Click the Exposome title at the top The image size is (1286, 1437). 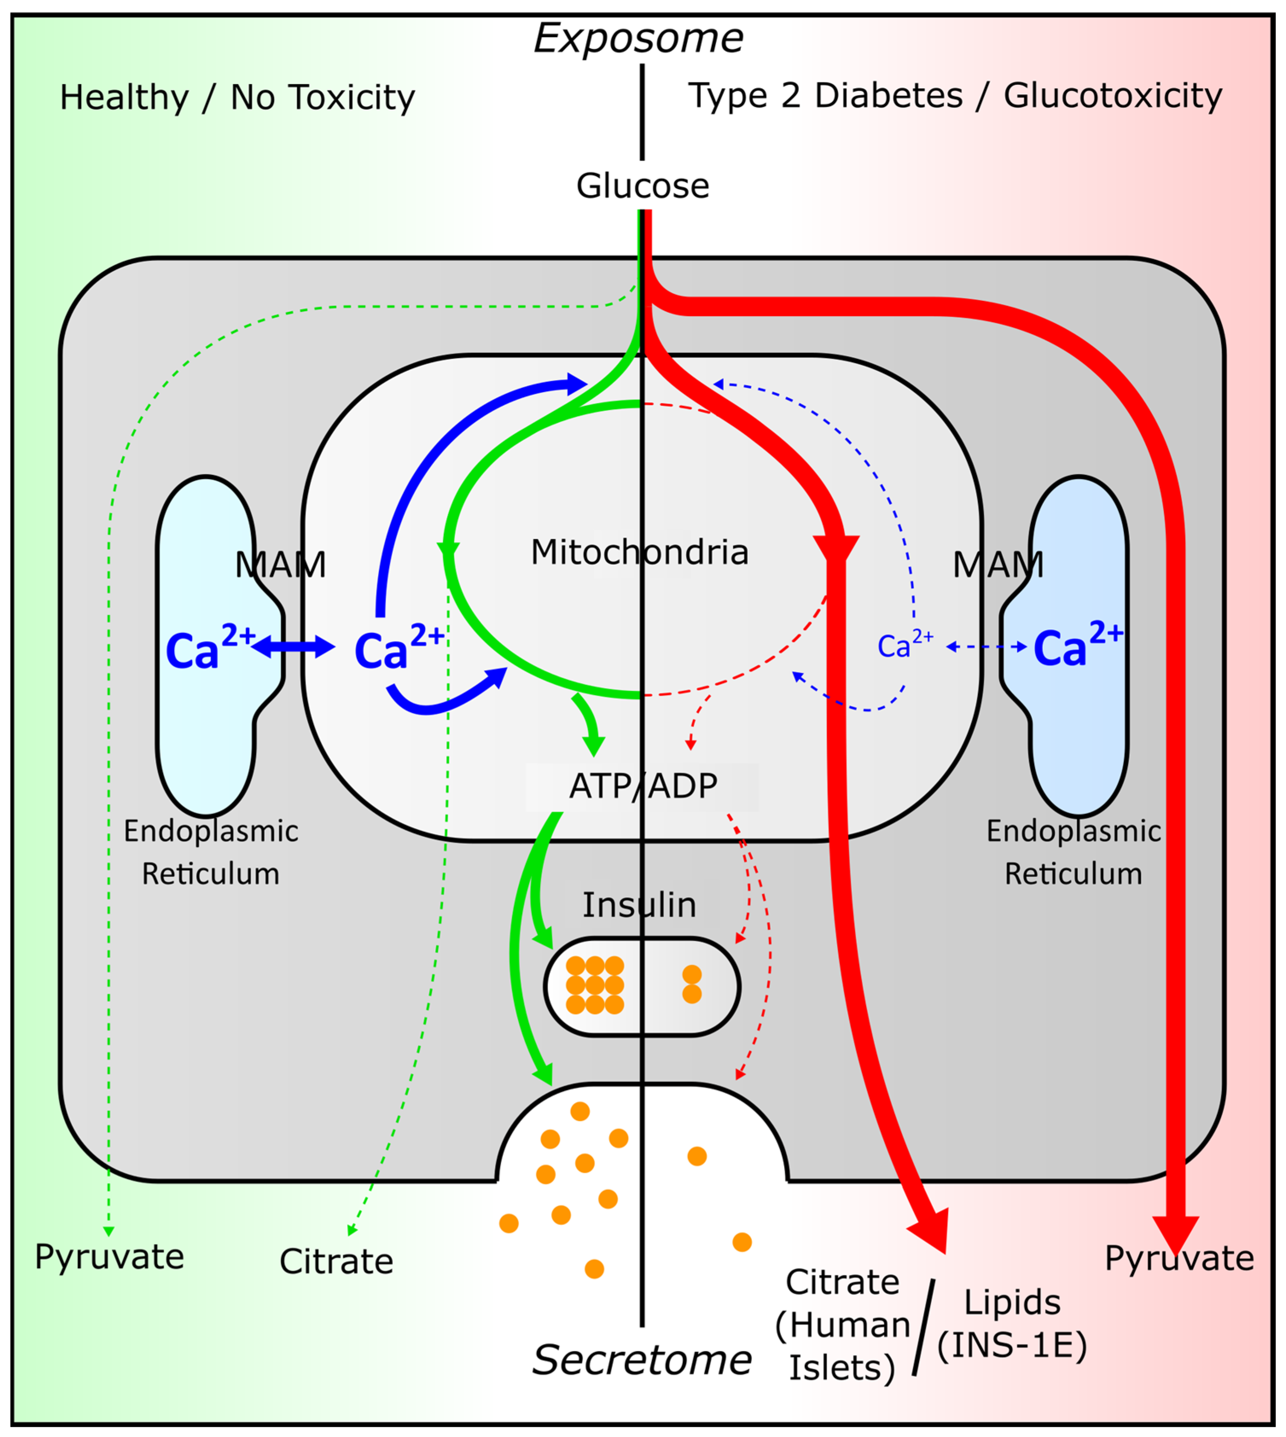638,39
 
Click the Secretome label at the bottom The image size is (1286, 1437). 642,1359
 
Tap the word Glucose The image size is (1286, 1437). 642,186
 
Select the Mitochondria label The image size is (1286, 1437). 639,552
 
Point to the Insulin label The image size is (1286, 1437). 639,905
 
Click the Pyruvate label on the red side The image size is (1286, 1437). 1179,1258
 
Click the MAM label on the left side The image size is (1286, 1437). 281,565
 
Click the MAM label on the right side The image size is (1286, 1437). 998,565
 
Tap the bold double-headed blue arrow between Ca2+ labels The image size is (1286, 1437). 293,646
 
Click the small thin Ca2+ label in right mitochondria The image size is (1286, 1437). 904,645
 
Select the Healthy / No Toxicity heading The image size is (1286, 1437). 237,98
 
